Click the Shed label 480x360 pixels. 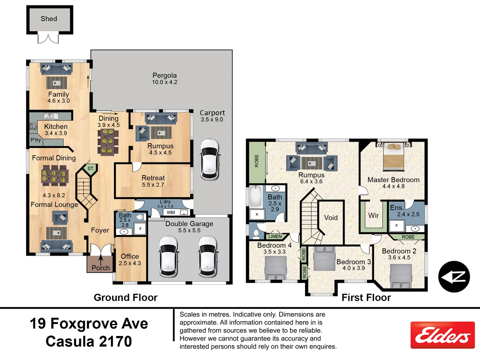49,19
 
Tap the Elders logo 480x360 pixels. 442,335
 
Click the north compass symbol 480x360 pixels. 454,277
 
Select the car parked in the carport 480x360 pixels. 210,160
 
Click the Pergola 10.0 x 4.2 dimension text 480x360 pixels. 165,82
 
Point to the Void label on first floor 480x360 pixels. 331,218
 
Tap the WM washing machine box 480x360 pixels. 171,212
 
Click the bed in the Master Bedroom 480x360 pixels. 393,156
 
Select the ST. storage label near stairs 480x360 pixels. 91,169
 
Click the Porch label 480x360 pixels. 100,268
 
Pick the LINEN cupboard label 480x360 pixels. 275,236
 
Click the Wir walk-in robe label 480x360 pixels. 373,216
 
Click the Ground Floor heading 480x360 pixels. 125,297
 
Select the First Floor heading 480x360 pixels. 366,297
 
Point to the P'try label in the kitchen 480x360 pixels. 36,140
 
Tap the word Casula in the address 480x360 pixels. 71,341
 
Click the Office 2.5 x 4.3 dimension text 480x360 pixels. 130,263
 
